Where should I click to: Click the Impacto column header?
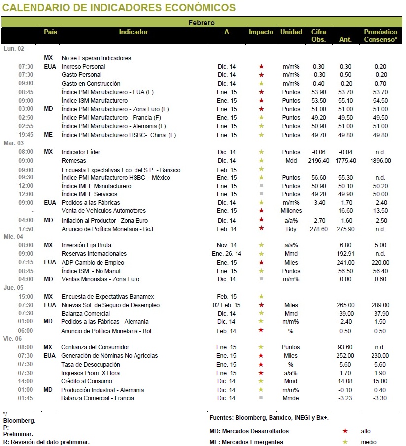(261, 32)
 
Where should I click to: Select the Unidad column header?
(291, 32)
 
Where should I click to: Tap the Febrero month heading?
(202, 23)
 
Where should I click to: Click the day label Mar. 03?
(14, 143)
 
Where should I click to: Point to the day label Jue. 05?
(14, 288)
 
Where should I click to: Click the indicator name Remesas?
(73, 161)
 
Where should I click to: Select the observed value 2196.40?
(318, 161)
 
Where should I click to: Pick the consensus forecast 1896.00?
(380, 161)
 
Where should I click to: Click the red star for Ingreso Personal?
(261, 66)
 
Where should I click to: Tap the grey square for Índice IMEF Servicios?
(261, 194)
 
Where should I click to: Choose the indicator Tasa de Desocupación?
(90, 365)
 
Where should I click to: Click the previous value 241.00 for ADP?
(345, 263)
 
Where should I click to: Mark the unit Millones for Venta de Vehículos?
(291, 211)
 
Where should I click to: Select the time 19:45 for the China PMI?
(26, 135)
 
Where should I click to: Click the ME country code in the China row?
(48, 135)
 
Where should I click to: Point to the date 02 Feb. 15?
(227, 305)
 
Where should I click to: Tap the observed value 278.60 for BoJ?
(318, 229)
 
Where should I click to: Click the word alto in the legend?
(366, 431)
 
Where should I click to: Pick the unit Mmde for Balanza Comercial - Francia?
(291, 398)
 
